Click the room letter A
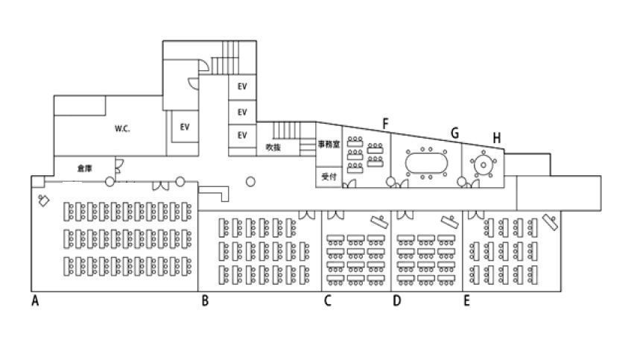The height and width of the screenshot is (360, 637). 35,301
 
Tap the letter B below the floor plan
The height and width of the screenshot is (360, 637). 205,301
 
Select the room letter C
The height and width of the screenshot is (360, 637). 327,301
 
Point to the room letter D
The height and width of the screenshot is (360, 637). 397,301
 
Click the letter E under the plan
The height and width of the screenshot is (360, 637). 467,301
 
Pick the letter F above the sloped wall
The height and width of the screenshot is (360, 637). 385,124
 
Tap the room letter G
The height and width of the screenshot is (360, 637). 455,133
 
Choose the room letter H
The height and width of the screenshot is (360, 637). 496,138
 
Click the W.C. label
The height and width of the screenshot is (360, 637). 122,129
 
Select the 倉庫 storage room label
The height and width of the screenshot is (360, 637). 84,168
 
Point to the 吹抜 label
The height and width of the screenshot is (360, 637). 273,147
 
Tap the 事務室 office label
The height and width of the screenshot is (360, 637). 329,145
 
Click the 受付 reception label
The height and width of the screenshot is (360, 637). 329,177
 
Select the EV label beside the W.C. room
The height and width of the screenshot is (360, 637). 185,127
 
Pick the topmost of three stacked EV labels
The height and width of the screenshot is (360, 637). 242,86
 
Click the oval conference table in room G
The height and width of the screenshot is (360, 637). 427,162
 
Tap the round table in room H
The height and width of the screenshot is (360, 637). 484,165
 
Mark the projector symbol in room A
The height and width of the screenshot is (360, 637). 43,200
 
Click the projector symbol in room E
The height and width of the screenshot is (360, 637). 551,222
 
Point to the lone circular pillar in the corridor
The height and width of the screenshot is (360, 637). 250,182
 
